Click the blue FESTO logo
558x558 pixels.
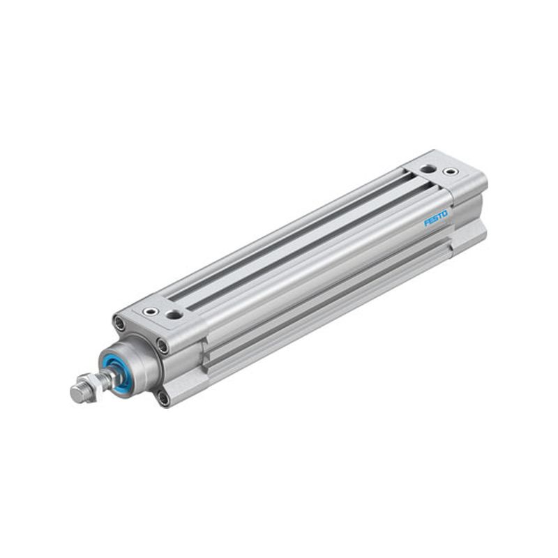[x=436, y=218]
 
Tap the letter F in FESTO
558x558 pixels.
[x=426, y=223]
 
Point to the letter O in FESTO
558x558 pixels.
[x=445, y=214]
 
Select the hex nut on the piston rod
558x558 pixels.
[x=93, y=386]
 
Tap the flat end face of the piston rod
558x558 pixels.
[x=77, y=393]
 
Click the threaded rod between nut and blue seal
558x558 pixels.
[x=108, y=377]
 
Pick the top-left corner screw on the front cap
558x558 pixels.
[x=119, y=323]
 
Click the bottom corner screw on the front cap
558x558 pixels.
[x=164, y=398]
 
